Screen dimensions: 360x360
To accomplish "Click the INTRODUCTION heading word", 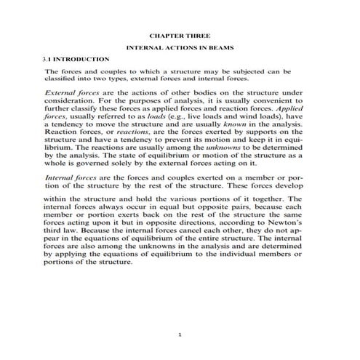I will tap(81, 59).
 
